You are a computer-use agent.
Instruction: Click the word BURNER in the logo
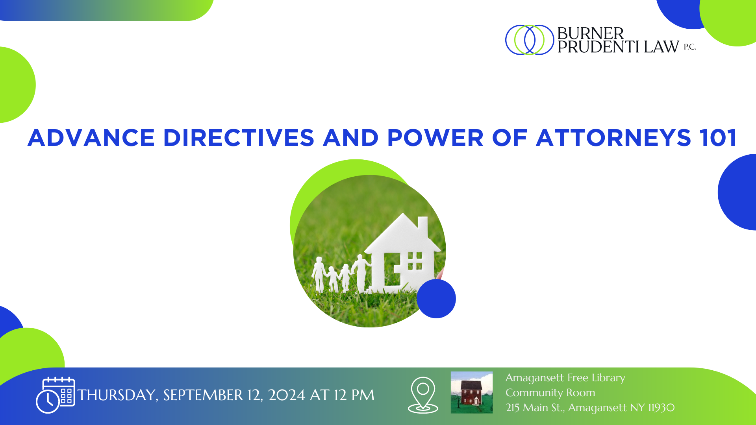(591, 33)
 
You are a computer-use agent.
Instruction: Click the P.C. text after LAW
(690, 47)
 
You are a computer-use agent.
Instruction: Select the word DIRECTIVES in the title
(239, 138)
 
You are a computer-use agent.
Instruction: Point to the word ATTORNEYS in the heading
(613, 138)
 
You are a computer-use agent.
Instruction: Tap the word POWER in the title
(435, 138)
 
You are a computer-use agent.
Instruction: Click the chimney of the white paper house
(422, 226)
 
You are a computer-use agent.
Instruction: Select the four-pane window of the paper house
(415, 261)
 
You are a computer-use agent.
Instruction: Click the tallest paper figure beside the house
(361, 273)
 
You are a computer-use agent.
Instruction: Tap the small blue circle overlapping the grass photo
(436, 298)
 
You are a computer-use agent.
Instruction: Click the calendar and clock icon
(56, 395)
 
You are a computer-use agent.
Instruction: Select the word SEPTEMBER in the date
(203, 395)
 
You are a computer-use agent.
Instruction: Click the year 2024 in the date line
(287, 395)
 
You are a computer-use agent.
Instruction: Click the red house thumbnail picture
(472, 392)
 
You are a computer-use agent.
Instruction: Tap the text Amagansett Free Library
(565, 378)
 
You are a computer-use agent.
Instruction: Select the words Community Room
(550, 393)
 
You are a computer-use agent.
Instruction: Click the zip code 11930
(661, 408)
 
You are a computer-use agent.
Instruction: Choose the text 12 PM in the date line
(354, 395)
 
